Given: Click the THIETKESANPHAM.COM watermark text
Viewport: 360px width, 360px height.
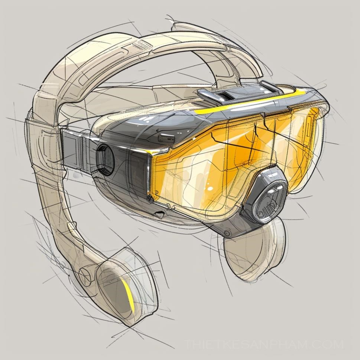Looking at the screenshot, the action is click(264, 344).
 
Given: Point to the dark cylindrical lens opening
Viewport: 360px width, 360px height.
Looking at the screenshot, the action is click(105, 159).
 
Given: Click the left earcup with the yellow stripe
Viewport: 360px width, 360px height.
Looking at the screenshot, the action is click(124, 287).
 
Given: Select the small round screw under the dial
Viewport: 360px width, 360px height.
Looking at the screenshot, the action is click(227, 233).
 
